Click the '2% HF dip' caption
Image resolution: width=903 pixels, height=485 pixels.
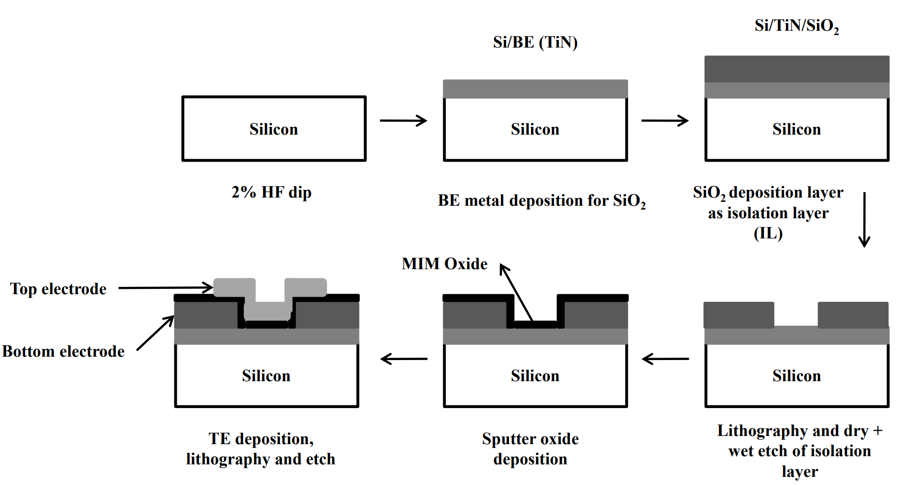click(x=272, y=192)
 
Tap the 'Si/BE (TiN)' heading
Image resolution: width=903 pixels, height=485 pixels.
click(x=535, y=42)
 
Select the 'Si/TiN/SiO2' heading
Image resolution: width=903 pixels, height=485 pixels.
click(x=796, y=26)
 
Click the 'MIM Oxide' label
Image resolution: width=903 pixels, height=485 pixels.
click(x=444, y=263)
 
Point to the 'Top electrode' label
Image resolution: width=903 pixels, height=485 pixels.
click(x=58, y=288)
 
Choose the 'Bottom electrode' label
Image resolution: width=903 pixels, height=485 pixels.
click(x=63, y=351)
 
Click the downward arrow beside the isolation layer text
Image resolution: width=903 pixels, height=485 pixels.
click(x=864, y=219)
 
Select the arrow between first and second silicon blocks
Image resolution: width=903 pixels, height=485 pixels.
click(x=403, y=120)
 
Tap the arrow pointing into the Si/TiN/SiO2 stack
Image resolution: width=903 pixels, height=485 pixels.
click(x=665, y=120)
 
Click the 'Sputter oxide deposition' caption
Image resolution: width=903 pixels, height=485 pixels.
click(x=530, y=448)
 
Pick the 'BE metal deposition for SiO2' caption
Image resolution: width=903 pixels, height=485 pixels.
click(x=542, y=200)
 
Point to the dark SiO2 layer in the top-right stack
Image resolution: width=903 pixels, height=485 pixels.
click(x=796, y=69)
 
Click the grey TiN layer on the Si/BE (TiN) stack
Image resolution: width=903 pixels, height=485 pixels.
click(x=535, y=89)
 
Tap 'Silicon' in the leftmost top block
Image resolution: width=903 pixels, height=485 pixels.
click(x=273, y=129)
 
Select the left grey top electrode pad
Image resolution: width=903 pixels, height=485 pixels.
click(x=234, y=287)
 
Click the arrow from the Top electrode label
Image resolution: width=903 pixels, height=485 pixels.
click(x=165, y=288)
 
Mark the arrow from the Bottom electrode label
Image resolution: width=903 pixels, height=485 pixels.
click(x=155, y=333)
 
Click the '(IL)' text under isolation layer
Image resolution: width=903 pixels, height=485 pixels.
click(x=768, y=234)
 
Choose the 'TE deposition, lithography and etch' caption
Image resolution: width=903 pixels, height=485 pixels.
click(x=260, y=448)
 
